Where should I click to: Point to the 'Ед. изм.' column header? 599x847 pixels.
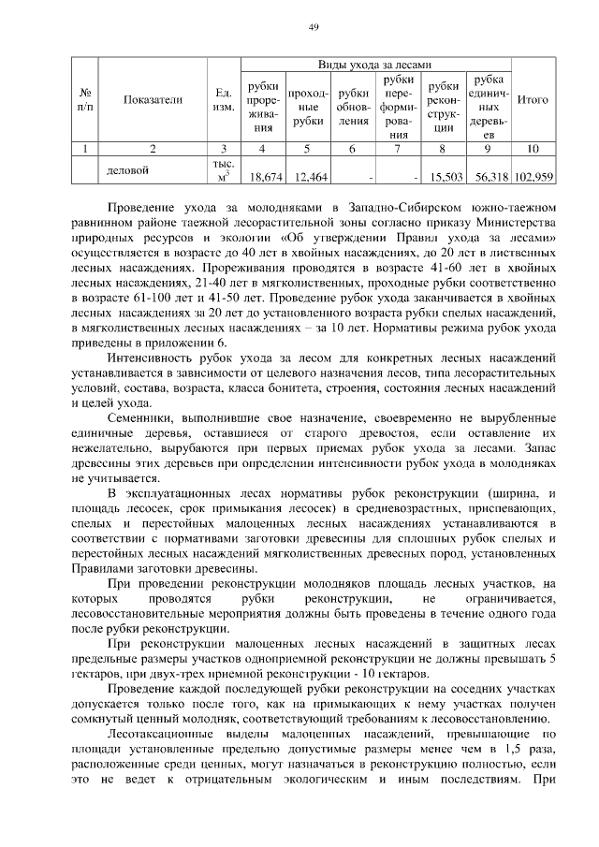224,99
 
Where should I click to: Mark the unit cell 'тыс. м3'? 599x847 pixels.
224,170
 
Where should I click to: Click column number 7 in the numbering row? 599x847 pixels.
398,148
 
